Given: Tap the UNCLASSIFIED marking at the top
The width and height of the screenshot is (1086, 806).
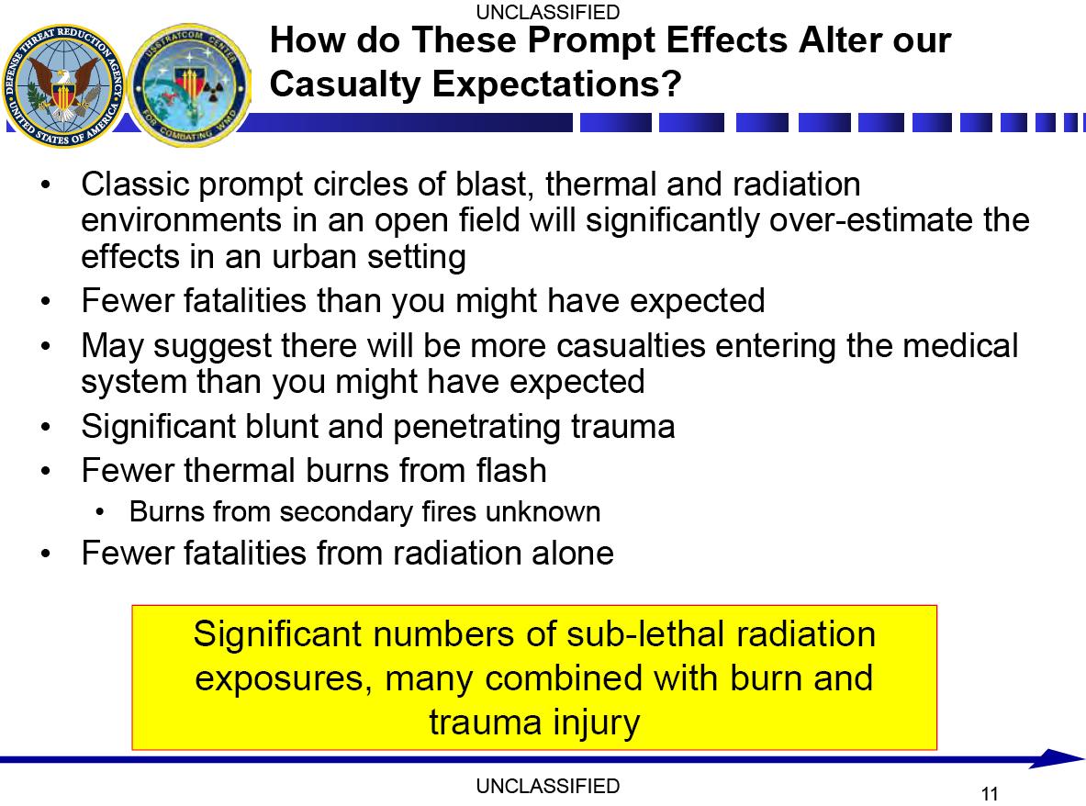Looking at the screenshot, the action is pos(547,12).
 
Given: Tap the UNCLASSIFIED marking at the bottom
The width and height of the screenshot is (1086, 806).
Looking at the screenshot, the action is pos(547,786).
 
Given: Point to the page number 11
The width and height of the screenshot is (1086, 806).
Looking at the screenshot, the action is pos(990,793).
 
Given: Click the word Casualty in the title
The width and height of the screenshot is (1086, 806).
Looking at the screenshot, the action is pos(344,84).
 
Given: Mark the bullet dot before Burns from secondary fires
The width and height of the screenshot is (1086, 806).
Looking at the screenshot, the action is pos(100,512).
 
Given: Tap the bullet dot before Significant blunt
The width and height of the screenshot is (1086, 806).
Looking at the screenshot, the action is pos(46,427).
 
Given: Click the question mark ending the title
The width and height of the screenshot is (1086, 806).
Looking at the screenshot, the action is pos(671,84).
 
